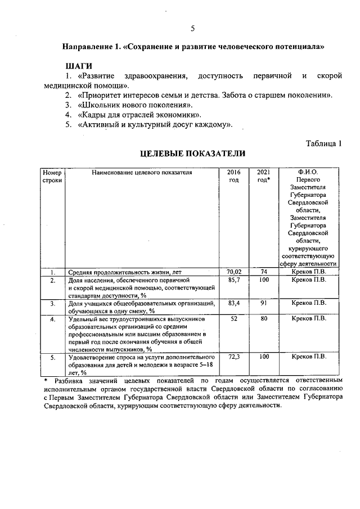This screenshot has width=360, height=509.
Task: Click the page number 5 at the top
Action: pyautogui.click(x=192, y=29)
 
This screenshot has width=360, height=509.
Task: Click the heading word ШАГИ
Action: pyautogui.click(x=79, y=66)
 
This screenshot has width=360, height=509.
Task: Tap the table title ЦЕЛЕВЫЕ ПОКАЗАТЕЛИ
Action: pyautogui.click(x=192, y=153)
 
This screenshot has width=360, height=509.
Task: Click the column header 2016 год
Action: pyautogui.click(x=233, y=176)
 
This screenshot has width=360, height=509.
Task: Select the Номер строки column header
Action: pyautogui.click(x=52, y=176)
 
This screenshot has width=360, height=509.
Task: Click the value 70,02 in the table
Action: pyautogui.click(x=233, y=272)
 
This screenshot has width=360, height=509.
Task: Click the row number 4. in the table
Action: pyautogui.click(x=52, y=319)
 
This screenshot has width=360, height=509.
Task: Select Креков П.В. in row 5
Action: pyautogui.click(x=308, y=357)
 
